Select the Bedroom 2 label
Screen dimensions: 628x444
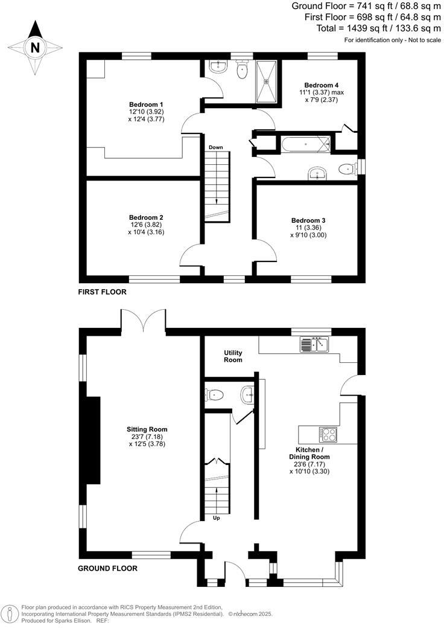click(x=146, y=217)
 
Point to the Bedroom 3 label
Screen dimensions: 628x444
click(x=308, y=220)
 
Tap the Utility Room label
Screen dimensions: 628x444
click(x=233, y=356)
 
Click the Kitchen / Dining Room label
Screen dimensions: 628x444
click(x=312, y=453)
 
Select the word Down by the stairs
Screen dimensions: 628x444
click(x=216, y=147)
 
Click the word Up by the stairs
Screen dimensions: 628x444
click(x=217, y=517)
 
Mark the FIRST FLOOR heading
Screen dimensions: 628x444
click(x=102, y=292)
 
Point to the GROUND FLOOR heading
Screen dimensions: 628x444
click(x=107, y=568)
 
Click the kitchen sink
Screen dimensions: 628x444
click(x=314, y=345)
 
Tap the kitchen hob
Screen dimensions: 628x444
click(x=329, y=434)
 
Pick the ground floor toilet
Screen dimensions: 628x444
click(x=215, y=395)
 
